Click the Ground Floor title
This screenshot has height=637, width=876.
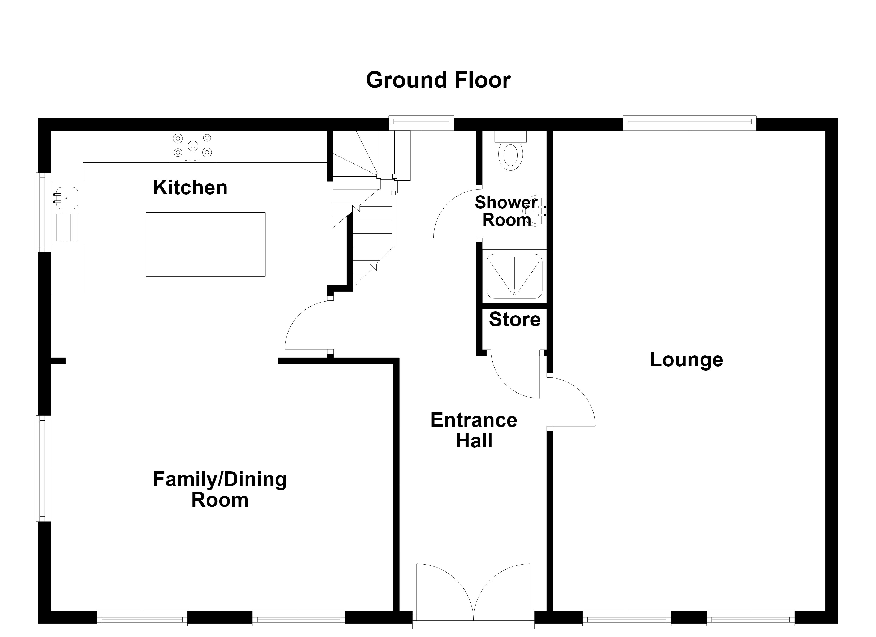438,80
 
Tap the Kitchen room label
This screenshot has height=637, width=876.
190,188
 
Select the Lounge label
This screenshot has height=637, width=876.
686,360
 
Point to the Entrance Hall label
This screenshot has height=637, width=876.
474,430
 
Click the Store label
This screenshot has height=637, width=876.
515,320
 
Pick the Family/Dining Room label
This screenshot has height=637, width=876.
220,489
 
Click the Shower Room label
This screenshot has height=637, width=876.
506,211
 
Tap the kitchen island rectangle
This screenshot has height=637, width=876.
205,244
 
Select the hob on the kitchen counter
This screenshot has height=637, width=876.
192,147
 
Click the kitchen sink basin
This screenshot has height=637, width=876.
66,198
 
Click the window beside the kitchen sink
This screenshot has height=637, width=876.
44,212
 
